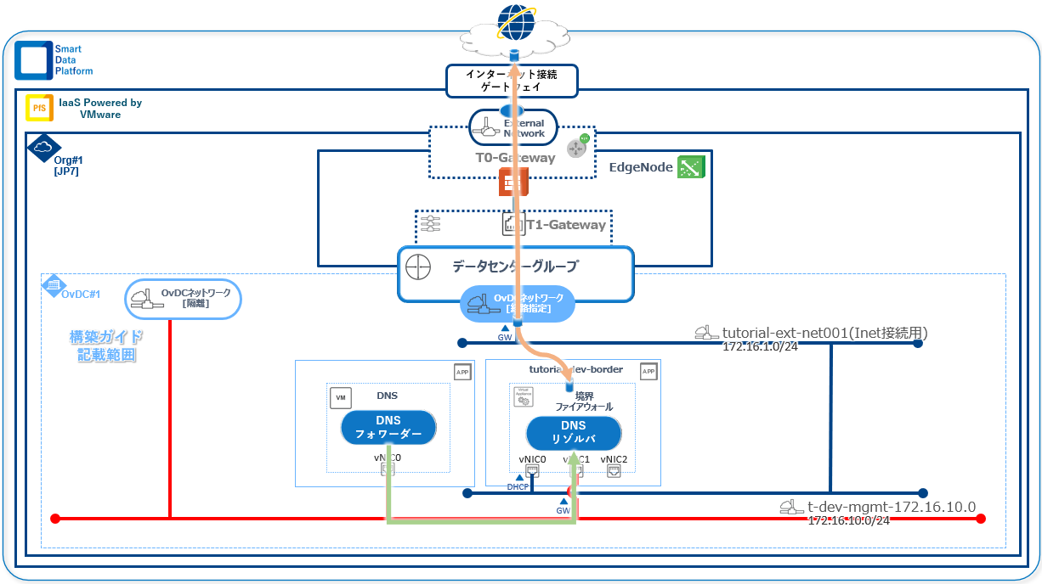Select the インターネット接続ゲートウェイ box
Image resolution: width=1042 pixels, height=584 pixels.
513,81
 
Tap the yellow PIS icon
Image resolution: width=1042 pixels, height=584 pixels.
37,108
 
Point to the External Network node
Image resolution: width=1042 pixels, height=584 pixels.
513,128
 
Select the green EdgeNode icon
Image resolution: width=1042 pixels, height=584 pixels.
689,168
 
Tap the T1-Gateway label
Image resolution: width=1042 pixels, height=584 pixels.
565,225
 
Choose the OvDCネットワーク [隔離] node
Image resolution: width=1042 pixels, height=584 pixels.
184,299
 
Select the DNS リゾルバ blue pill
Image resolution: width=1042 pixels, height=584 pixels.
574,432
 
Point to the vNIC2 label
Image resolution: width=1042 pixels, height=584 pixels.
614,459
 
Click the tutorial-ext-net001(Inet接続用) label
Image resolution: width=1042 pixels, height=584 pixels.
824,333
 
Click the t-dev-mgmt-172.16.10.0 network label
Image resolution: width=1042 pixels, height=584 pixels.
891,507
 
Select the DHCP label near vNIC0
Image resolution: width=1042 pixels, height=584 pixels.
518,487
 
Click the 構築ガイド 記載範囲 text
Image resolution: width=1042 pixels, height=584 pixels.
106,345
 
